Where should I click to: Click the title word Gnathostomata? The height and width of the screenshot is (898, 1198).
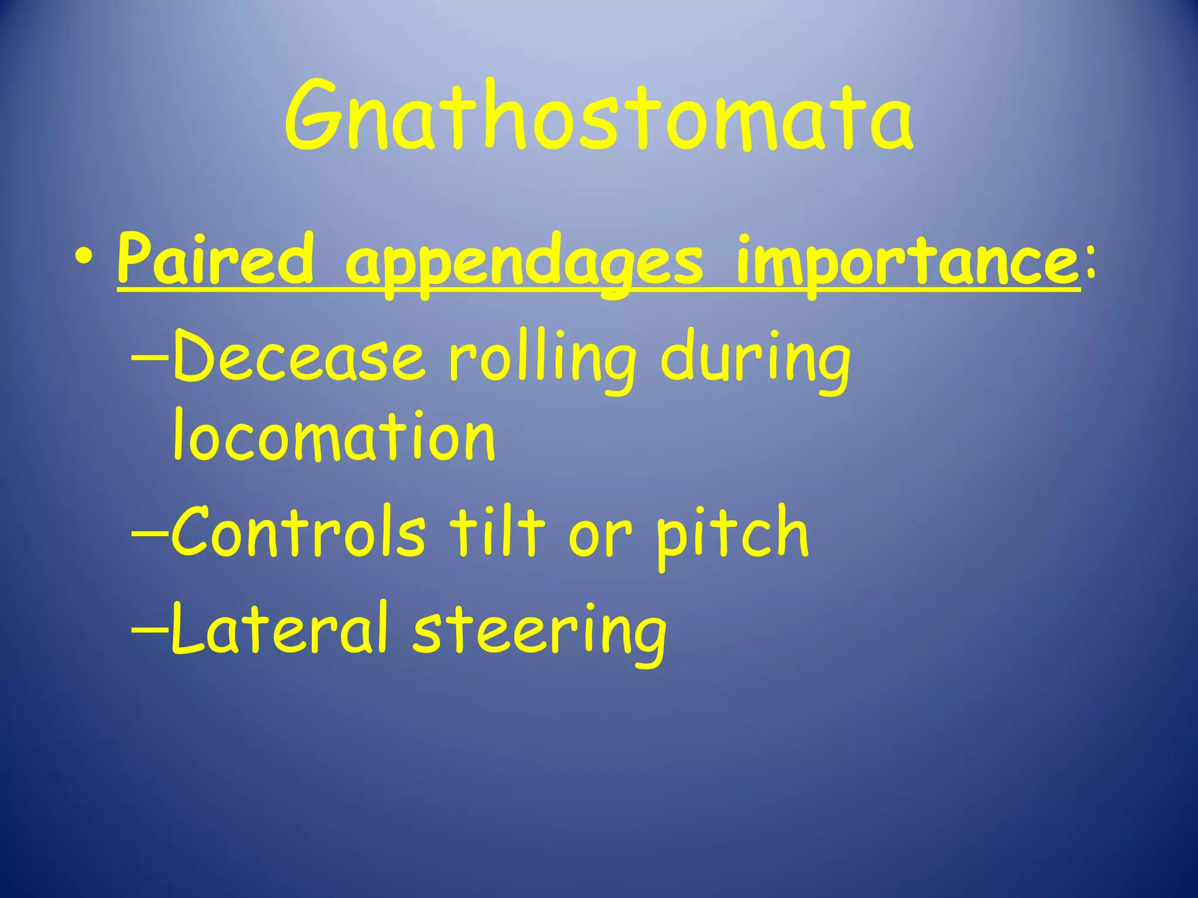click(598, 117)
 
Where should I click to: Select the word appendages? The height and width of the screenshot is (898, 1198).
click(524, 263)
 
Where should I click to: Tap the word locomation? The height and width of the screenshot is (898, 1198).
click(334, 435)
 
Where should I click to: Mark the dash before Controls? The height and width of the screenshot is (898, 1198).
click(150, 533)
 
